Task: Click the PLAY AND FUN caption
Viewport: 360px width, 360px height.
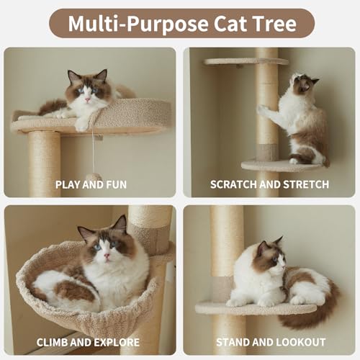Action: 91,184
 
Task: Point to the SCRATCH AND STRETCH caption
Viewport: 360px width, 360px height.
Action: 269,184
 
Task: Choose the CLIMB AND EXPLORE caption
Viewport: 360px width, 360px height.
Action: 88,342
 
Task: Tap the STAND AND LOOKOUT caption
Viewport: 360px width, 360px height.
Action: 271,342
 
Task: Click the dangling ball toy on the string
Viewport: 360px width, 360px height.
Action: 94,177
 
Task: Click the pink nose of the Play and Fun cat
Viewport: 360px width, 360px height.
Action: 87,99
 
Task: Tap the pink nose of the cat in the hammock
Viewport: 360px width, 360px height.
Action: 107,256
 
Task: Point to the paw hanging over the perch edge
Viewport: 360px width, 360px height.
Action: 82,125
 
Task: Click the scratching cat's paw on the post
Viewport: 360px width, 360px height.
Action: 262,109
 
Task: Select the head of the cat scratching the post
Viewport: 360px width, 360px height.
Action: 303,83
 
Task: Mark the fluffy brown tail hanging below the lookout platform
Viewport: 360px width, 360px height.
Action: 310,310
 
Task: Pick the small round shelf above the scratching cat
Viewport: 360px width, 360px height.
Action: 246,62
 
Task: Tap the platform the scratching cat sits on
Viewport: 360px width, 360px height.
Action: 283,166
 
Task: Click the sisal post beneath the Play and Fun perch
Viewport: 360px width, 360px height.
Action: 44,164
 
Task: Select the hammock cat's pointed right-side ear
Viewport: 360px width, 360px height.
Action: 120,224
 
